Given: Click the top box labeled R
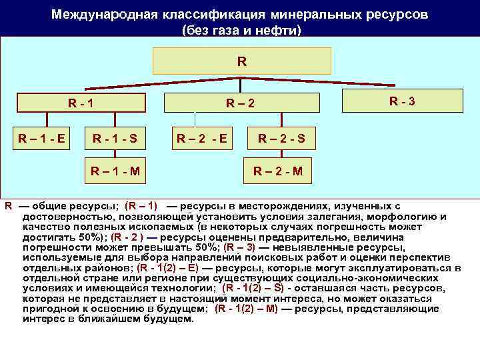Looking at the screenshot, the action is [x=241, y=61].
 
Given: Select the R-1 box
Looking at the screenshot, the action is [x=81, y=103].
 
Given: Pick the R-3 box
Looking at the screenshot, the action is [x=403, y=101].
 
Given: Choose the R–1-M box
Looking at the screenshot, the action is [x=115, y=171].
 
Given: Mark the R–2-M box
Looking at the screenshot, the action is [x=277, y=171].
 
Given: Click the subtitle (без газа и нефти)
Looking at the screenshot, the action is [x=241, y=31].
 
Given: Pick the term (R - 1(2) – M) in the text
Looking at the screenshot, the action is [x=247, y=309].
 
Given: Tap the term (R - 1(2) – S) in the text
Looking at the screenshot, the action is [x=253, y=288].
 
